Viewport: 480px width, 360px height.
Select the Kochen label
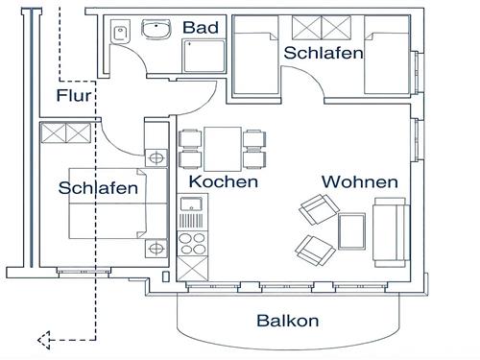click(x=223, y=181)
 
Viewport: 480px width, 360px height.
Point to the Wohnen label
click(x=359, y=181)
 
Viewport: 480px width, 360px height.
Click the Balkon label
click(x=287, y=322)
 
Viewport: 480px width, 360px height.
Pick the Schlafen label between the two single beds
click(x=323, y=53)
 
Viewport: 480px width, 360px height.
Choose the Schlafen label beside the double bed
click(x=97, y=188)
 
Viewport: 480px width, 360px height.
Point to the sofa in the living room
click(x=390, y=230)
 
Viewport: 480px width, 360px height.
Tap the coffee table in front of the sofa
click(x=353, y=231)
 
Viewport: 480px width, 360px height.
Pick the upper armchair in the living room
click(x=315, y=208)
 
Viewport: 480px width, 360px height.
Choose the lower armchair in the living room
click(x=310, y=249)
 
